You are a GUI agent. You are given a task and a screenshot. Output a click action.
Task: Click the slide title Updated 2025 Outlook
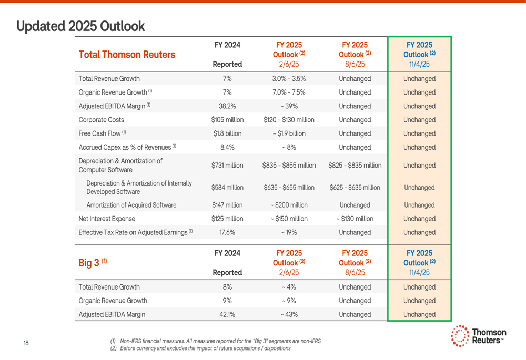tap(80, 26)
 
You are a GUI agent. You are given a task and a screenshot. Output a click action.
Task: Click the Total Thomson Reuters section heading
tap(127, 55)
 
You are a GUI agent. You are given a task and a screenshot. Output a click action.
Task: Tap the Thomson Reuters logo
tap(479, 336)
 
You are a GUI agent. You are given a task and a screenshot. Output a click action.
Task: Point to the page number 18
tap(26, 343)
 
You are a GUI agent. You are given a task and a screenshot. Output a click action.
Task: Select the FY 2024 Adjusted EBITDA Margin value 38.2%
tap(227, 106)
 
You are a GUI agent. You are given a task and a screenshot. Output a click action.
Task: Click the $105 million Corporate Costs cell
tap(227, 120)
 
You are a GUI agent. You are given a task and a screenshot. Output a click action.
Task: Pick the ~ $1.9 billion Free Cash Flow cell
tap(289, 133)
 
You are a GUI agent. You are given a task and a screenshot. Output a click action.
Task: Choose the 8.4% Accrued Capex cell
tap(227, 147)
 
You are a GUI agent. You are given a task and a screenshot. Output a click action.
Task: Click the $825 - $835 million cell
tap(355, 166)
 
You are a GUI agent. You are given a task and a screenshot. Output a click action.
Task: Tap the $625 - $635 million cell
tap(355, 188)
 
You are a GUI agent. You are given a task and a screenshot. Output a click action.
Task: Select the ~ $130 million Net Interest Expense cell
tap(355, 219)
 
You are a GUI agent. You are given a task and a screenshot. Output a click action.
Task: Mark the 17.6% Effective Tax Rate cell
tap(227, 232)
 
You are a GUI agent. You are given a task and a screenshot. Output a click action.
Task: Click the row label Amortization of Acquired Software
tap(131, 205)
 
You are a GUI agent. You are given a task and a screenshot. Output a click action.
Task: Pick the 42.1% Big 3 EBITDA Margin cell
tap(227, 314)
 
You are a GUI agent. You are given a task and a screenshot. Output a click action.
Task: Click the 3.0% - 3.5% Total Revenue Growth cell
tap(289, 79)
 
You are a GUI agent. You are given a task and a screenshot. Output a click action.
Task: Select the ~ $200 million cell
tap(289, 205)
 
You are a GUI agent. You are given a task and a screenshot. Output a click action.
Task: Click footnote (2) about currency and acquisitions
tap(200, 348)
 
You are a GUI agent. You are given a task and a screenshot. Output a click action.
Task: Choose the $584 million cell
tap(227, 188)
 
